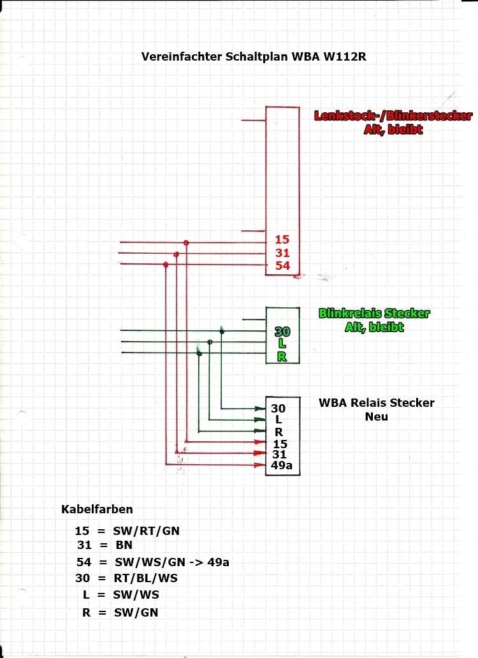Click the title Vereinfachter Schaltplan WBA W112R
[x=254, y=56]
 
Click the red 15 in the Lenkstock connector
[x=282, y=240]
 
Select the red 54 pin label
[x=282, y=265]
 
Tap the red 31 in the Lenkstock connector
[x=282, y=252]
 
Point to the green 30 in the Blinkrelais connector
[x=282, y=332]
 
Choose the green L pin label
[x=282, y=344]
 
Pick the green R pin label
[x=282, y=356]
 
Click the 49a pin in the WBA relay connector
[x=282, y=465]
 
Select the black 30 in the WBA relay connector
[x=279, y=409]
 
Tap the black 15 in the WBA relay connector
[x=279, y=443]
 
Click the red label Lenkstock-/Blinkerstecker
[x=393, y=116]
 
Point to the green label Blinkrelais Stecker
[x=374, y=314]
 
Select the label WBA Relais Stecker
[x=377, y=403]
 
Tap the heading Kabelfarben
[x=97, y=509]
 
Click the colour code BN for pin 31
[x=124, y=545]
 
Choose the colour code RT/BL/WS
[x=146, y=578]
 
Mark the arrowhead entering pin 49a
[x=261, y=465]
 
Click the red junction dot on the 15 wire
[x=186, y=243]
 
